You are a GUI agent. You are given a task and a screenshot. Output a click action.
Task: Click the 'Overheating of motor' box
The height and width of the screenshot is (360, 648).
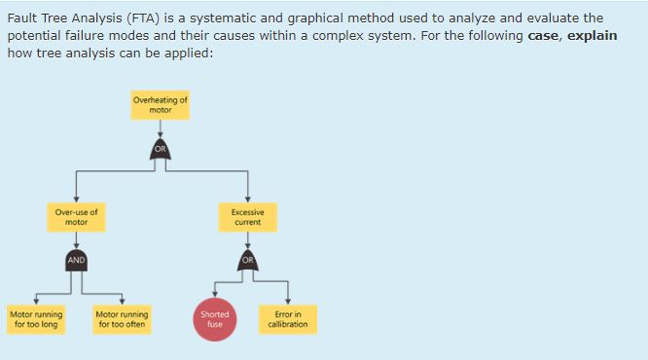point(162,105)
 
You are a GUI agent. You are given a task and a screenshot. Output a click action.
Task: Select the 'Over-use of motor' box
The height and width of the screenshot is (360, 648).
point(76,217)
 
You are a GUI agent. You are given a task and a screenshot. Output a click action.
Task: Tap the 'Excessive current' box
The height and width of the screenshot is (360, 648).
point(247,217)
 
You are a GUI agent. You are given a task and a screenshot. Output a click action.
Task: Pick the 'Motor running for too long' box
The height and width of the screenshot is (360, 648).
point(36,319)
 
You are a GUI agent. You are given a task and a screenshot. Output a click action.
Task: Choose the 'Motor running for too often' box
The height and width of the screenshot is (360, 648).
point(123,319)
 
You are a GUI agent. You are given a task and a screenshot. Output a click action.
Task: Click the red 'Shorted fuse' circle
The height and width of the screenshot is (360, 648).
point(214,320)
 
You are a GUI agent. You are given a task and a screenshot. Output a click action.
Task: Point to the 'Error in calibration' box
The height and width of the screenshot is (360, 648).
point(288,319)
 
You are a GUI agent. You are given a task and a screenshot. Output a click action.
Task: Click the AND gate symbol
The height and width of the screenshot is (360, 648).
point(76,261)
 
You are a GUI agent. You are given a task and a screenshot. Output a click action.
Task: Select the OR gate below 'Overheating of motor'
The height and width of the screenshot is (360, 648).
point(162,149)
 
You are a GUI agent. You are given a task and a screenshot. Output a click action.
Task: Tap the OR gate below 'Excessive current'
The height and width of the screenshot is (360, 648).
point(247,261)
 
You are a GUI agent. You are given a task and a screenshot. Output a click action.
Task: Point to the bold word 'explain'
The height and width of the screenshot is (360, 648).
point(594,35)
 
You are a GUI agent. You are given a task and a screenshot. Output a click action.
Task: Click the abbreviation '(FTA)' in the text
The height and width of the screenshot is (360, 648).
point(150,18)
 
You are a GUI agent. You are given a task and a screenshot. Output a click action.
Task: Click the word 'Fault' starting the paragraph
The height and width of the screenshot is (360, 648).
point(23,18)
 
